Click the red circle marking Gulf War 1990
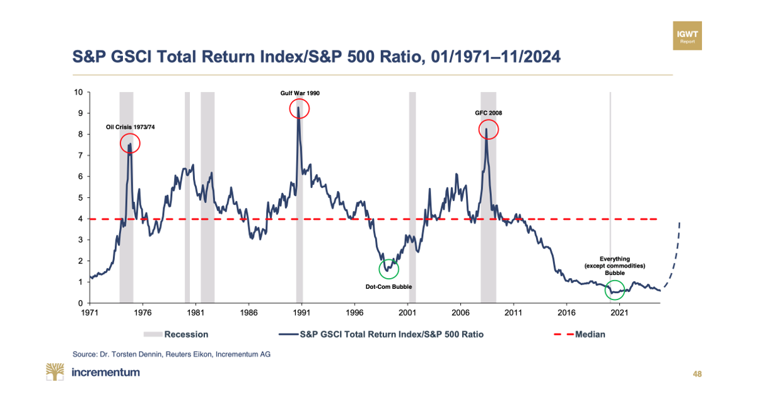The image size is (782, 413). pyautogui.click(x=300, y=108)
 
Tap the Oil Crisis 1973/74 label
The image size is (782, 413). pyautogui.click(x=130, y=127)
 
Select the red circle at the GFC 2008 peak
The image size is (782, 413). pyautogui.click(x=488, y=130)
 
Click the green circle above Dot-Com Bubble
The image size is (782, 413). pyautogui.click(x=389, y=269)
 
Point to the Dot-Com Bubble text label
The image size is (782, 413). pyautogui.click(x=389, y=286)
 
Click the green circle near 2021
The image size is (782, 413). pyautogui.click(x=614, y=290)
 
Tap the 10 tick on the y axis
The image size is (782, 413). pyautogui.click(x=79, y=92)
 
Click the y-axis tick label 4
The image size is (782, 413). pyautogui.click(x=80, y=219)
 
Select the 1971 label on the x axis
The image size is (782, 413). pyautogui.click(x=90, y=312)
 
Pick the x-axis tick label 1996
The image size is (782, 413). pyautogui.click(x=354, y=312)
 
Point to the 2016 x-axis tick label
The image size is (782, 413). pyautogui.click(x=566, y=312)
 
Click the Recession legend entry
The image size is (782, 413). pyautogui.click(x=176, y=334)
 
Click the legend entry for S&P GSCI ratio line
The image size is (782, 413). pyautogui.click(x=381, y=334)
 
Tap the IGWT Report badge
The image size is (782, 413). pyautogui.click(x=687, y=35)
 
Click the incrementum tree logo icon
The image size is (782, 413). pyautogui.click(x=55, y=372)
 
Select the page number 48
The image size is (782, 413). pyautogui.click(x=697, y=374)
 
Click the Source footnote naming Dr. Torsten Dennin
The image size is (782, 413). pyautogui.click(x=172, y=354)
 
